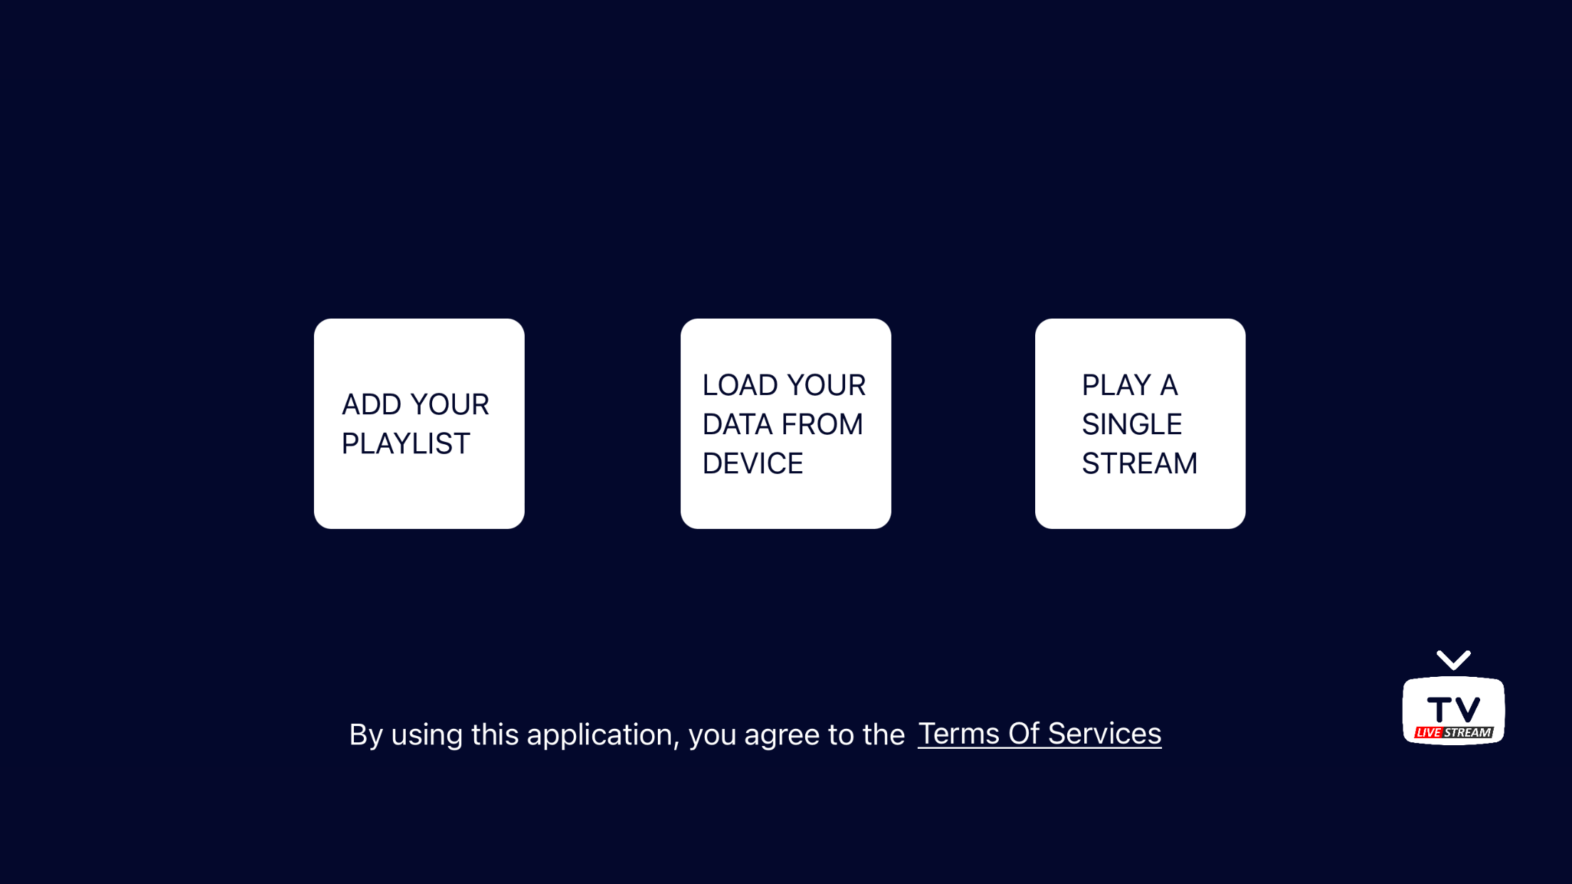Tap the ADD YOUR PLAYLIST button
(x=419, y=423)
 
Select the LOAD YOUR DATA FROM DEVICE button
(x=785, y=423)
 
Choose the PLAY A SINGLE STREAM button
(x=1140, y=423)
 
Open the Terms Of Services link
(x=1039, y=734)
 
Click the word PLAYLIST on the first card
(x=406, y=443)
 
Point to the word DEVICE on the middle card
(x=753, y=463)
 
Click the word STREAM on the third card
(x=1139, y=463)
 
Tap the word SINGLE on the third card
(x=1131, y=424)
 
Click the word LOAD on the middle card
(x=740, y=385)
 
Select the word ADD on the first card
(x=372, y=404)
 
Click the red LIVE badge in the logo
(x=1428, y=732)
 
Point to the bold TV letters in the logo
(x=1454, y=710)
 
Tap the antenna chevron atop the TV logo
(x=1453, y=660)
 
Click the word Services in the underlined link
(x=1104, y=734)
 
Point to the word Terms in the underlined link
(x=958, y=734)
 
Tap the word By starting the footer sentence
(x=366, y=736)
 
